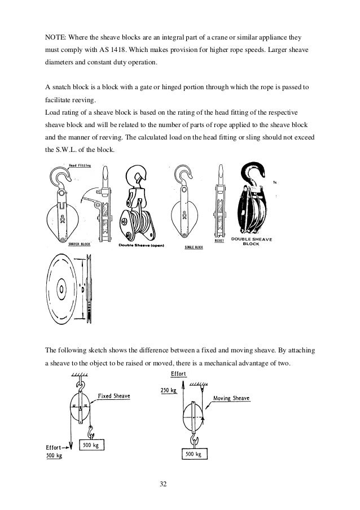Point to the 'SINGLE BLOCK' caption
(x=194, y=247)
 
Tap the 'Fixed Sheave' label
(x=114, y=396)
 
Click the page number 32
(x=179, y=483)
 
